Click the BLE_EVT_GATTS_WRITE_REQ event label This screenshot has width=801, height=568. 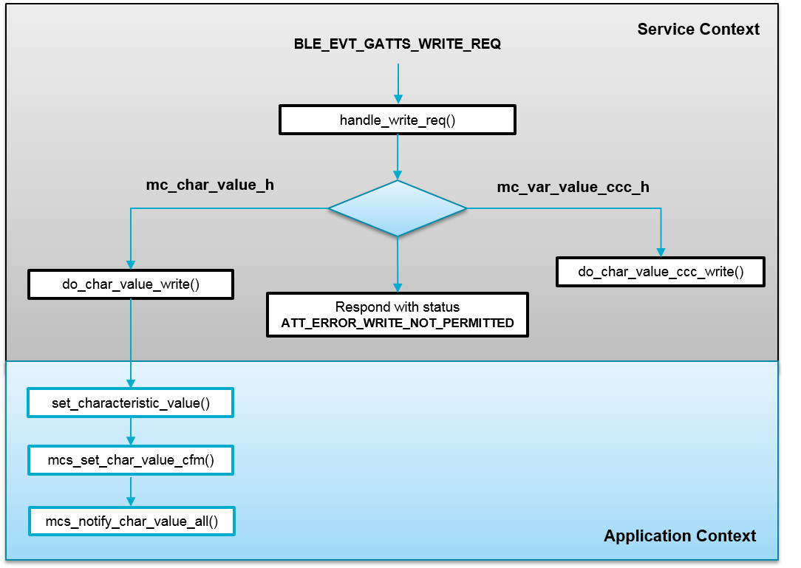pyautogui.click(x=398, y=44)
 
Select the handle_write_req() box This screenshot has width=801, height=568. pyautogui.click(x=397, y=120)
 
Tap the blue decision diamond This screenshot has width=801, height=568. pyautogui.click(x=398, y=208)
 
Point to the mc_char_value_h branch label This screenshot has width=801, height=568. pyautogui.click(x=210, y=185)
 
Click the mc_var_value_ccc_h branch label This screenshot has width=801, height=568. pyautogui.click(x=573, y=187)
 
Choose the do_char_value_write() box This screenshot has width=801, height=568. pyautogui.click(x=131, y=284)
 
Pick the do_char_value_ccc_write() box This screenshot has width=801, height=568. pyautogui.click(x=661, y=271)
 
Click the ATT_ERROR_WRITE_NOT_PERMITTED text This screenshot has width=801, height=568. pyautogui.click(x=398, y=324)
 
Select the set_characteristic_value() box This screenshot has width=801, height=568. pyautogui.click(x=131, y=403)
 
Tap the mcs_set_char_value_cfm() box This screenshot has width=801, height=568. pyautogui.click(x=131, y=461)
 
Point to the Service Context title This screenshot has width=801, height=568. pyautogui.click(x=698, y=30)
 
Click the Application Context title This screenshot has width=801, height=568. pyautogui.click(x=679, y=536)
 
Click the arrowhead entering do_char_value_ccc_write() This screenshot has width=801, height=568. pyautogui.click(x=661, y=251)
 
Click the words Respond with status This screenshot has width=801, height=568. pyautogui.click(x=398, y=307)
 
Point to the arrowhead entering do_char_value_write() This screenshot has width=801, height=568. pyautogui.click(x=131, y=264)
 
